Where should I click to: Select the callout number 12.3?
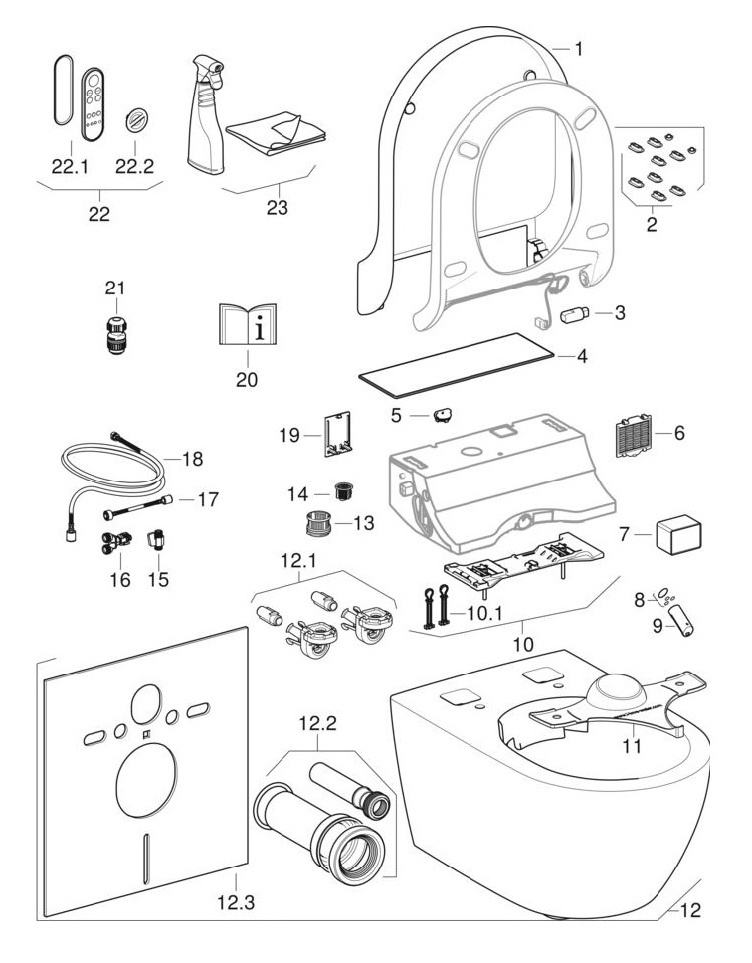click(235, 904)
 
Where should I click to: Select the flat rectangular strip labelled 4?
click(455, 362)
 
